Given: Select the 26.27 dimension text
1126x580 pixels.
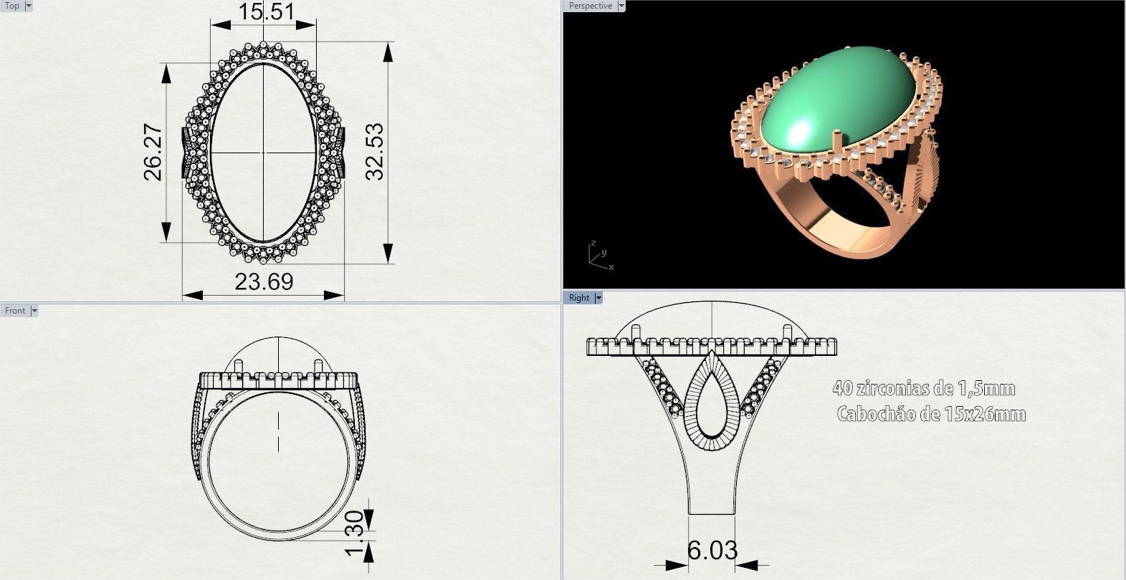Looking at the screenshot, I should (x=153, y=153).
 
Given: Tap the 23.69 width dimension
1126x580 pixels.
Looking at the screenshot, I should (x=264, y=281).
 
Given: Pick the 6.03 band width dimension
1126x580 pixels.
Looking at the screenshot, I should (x=712, y=550).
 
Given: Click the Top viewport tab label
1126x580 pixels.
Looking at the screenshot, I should (x=12, y=6).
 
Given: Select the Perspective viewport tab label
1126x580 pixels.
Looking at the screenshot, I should (x=590, y=6).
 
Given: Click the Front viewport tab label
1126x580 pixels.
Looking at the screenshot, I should (x=14, y=310).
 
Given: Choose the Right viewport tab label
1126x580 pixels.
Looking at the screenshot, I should (x=578, y=298).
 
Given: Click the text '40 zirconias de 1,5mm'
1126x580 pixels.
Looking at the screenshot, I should (x=923, y=389).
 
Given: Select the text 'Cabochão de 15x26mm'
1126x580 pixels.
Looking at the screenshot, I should (x=930, y=414).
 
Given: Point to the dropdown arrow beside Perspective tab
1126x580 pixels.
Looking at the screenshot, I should (x=621, y=6).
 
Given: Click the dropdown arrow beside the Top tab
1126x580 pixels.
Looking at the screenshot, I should (x=29, y=6).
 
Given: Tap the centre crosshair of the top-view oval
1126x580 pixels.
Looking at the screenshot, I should (x=263, y=153).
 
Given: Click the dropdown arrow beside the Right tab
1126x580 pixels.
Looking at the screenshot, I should (x=598, y=298).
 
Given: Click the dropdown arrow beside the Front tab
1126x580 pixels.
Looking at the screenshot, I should (x=34, y=310).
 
